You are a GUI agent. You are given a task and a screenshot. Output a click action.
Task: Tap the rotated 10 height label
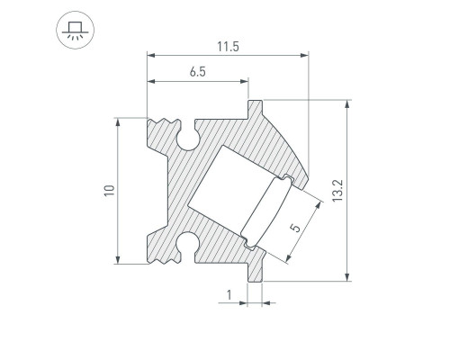[x=109, y=191]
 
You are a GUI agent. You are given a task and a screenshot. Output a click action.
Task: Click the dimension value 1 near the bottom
[x=229, y=294]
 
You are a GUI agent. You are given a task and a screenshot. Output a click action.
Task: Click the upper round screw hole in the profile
[x=188, y=139]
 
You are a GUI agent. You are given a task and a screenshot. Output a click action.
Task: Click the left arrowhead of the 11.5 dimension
[x=151, y=57]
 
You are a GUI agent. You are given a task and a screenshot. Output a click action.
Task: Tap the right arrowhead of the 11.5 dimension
[x=304, y=57]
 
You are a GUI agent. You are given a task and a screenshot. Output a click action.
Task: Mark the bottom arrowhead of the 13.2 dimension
[x=347, y=276]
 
